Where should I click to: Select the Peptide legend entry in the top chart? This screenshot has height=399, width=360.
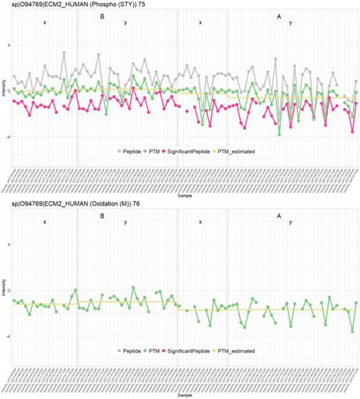tap(134, 151)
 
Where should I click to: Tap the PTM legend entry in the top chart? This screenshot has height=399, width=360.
tap(165, 151)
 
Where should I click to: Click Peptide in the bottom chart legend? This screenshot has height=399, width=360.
tap(134, 351)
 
